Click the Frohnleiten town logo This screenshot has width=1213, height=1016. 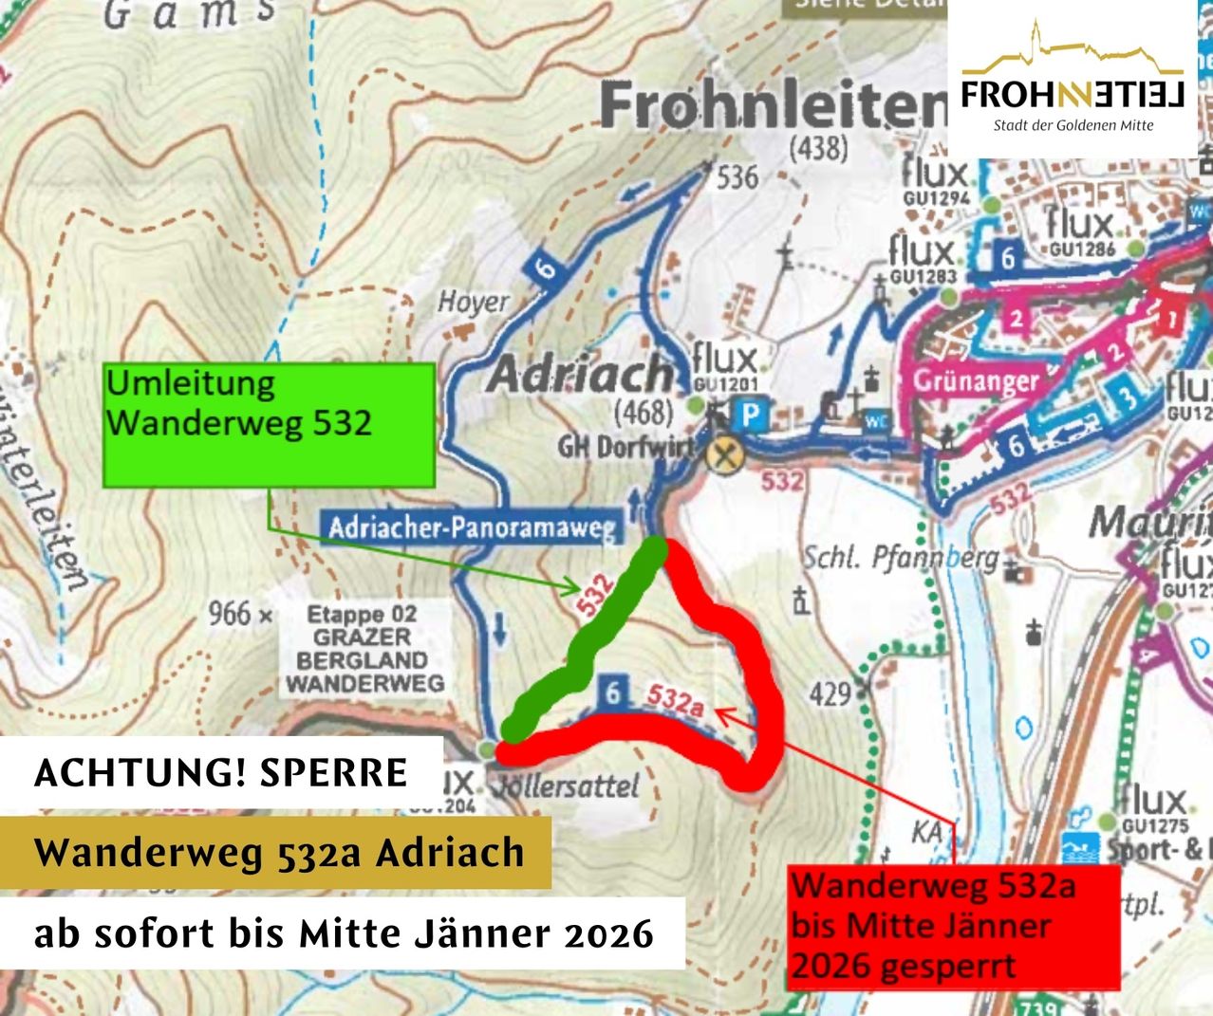tap(1073, 81)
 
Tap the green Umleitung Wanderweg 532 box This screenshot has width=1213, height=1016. tap(269, 424)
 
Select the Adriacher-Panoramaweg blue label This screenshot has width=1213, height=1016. tap(472, 527)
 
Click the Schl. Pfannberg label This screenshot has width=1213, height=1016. tap(901, 557)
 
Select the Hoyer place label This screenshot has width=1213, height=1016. tap(473, 303)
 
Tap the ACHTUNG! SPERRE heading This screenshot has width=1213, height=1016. tap(220, 773)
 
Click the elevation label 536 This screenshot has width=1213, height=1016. tap(737, 176)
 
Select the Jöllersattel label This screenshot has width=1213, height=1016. tap(568, 785)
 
